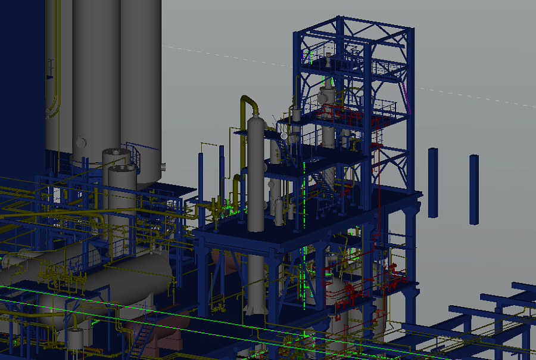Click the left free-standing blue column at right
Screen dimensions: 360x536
pyautogui.click(x=433, y=182)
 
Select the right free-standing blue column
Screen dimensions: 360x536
pyautogui.click(x=473, y=189)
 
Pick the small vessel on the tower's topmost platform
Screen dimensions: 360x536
pyautogui.click(x=329, y=60)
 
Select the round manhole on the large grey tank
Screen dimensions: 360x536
pyautogui.click(x=81, y=143)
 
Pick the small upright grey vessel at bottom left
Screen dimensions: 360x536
pyautogui.click(x=75, y=340)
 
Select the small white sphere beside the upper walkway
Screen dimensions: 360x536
pyautogui.click(x=284, y=136)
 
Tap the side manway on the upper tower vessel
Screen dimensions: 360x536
pyautogui.click(x=322, y=95)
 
